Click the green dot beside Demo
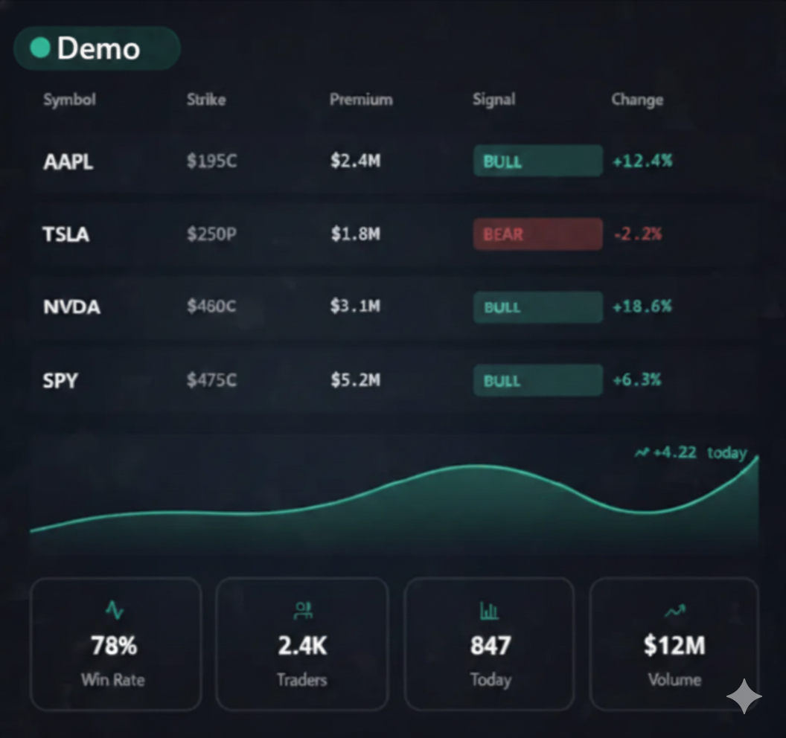(40, 48)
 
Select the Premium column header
(361, 100)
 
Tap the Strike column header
(206, 100)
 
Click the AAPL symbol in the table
(68, 161)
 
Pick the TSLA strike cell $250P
(211, 234)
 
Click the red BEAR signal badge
(537, 234)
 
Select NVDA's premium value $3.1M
(355, 307)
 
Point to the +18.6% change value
(642, 307)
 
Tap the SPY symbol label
(60, 380)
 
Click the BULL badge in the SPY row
(537, 380)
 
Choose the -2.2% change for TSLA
(638, 234)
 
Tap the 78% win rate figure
(114, 646)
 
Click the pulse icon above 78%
(114, 611)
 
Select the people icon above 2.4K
(302, 611)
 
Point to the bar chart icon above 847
(489, 611)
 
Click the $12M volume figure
(674, 646)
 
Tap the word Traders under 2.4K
(301, 680)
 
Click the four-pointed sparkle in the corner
(744, 696)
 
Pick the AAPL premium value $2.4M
(355, 161)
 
